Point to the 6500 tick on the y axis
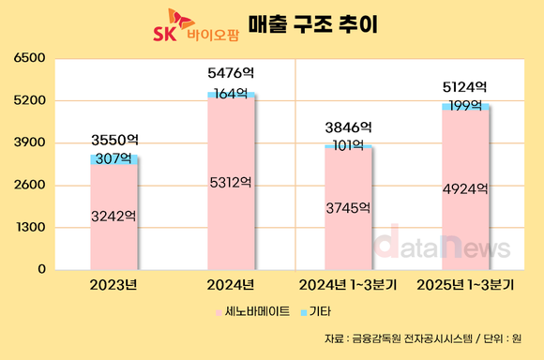31,58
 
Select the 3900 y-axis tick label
31,142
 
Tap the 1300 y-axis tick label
31,227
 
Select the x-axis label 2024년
231,284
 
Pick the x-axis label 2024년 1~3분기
348,284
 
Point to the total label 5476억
231,71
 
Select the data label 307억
113,158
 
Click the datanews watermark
442,246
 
